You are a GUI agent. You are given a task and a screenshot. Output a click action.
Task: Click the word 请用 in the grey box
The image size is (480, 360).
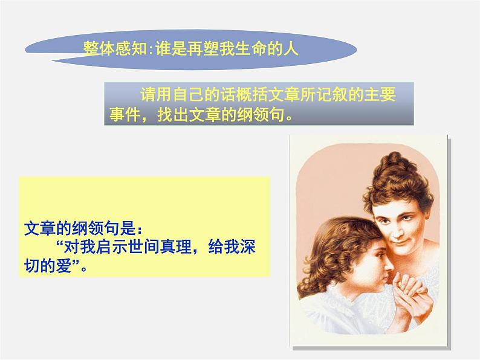click(149, 95)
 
